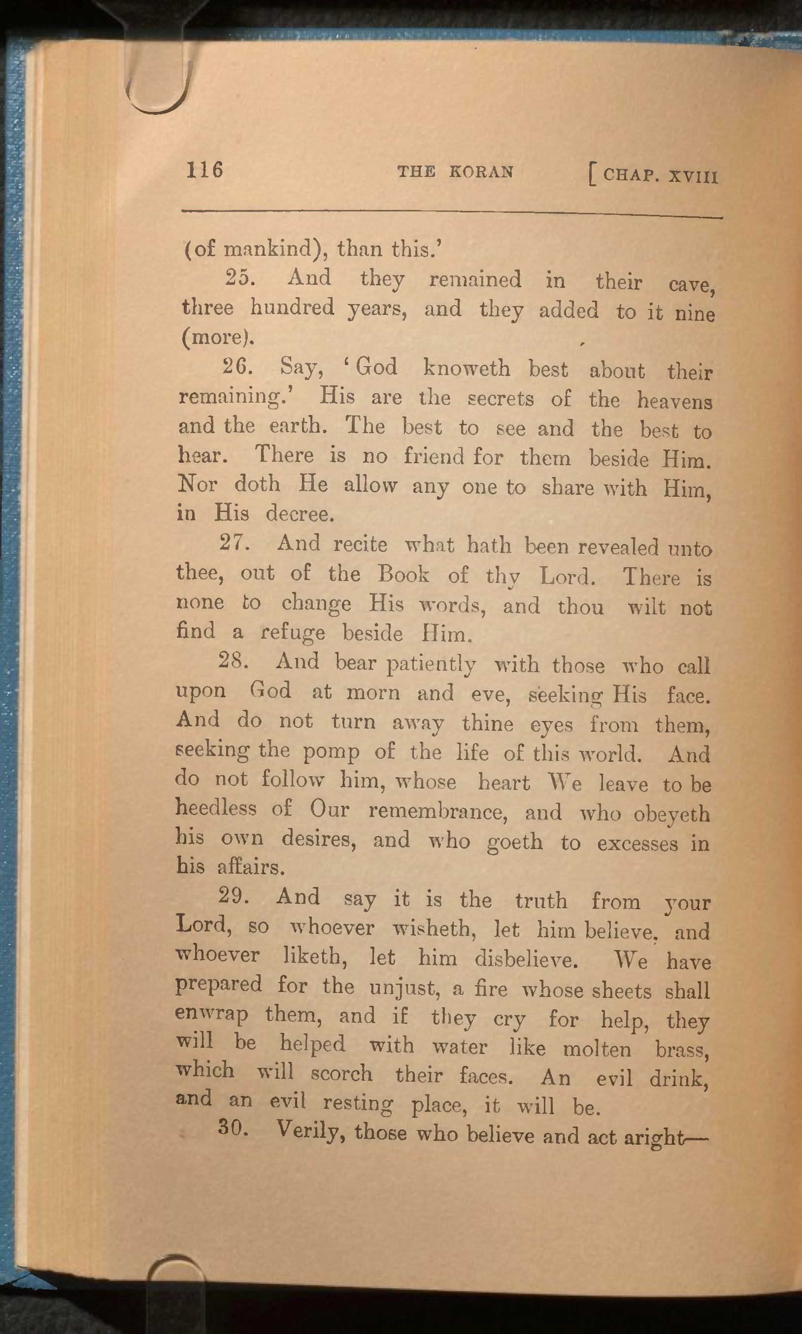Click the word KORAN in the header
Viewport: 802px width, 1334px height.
click(x=481, y=172)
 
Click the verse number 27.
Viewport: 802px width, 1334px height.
click(x=234, y=543)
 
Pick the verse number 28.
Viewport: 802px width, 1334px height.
click(x=234, y=660)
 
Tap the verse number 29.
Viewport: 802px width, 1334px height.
click(x=234, y=896)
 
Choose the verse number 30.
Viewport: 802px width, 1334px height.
click(x=233, y=1128)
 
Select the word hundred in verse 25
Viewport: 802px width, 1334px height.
click(x=292, y=308)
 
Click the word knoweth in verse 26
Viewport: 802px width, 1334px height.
click(x=467, y=368)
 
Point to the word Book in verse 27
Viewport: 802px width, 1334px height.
click(x=403, y=574)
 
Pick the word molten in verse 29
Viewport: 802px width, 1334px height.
click(x=597, y=1049)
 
